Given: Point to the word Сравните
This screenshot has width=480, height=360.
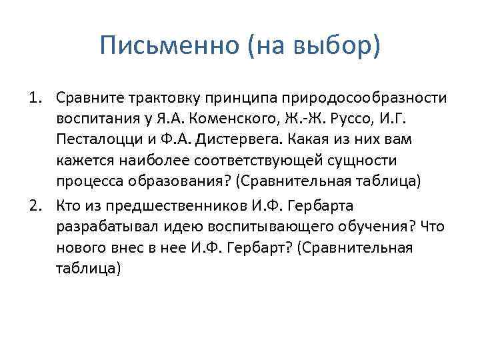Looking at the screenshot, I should [x=87, y=99].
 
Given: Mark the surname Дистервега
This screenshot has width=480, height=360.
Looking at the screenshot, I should [x=245, y=141].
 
